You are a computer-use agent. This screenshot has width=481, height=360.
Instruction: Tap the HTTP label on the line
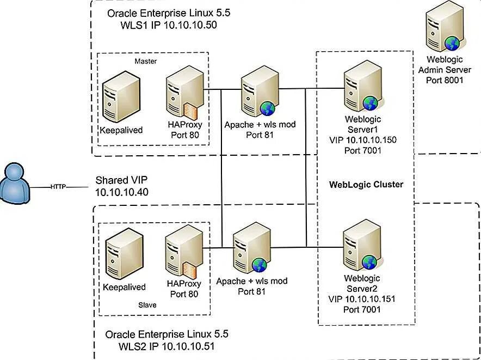coord(58,186)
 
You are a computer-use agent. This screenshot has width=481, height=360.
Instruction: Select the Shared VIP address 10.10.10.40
coord(122,192)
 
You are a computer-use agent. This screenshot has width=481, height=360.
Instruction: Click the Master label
coord(145,61)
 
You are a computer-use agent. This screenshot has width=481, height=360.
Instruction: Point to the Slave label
coord(147,305)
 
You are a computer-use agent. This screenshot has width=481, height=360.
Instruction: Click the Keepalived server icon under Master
coord(121,97)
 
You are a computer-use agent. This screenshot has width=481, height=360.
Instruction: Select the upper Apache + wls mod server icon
coord(259,92)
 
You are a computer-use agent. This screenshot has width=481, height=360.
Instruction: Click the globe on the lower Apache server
coord(259,265)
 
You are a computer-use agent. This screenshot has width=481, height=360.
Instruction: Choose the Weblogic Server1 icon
coord(362,87)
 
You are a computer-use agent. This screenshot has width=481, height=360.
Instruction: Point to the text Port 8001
coord(445,80)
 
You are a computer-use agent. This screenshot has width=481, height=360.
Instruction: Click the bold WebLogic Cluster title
coord(366,184)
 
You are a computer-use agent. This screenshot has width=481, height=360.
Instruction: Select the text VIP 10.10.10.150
coord(363,140)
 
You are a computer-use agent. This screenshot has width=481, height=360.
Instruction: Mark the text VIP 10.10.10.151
coord(362,299)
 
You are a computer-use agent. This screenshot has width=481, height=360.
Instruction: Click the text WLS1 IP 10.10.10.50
coord(169,25)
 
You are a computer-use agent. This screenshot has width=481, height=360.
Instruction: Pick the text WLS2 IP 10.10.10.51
coord(166,346)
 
